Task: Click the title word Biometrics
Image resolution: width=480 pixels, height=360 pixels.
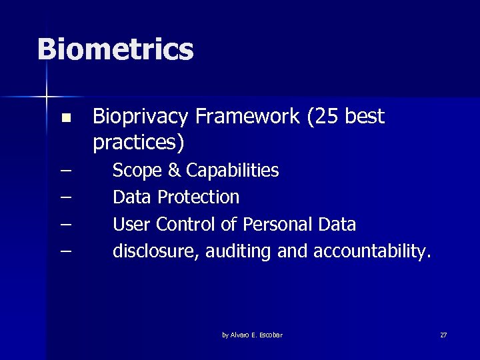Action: [115, 49]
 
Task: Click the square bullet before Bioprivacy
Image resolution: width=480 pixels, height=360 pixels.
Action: [65, 119]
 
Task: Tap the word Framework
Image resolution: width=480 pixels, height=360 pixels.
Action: [248, 117]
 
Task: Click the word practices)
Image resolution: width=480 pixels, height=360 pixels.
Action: [139, 143]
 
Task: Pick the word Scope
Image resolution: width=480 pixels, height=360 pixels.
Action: [137, 171]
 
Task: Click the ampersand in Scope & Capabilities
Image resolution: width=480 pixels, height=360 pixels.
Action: [174, 171]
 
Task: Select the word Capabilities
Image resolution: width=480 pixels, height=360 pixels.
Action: [232, 171]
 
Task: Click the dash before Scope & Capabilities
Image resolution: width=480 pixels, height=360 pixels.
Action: [65, 171]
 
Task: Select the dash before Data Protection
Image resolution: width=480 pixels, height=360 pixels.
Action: [65, 198]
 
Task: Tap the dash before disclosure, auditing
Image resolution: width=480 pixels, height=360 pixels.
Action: [65, 251]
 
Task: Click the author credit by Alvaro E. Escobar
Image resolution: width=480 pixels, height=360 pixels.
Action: [252, 335]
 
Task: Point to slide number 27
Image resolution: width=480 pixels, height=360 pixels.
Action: [443, 335]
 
